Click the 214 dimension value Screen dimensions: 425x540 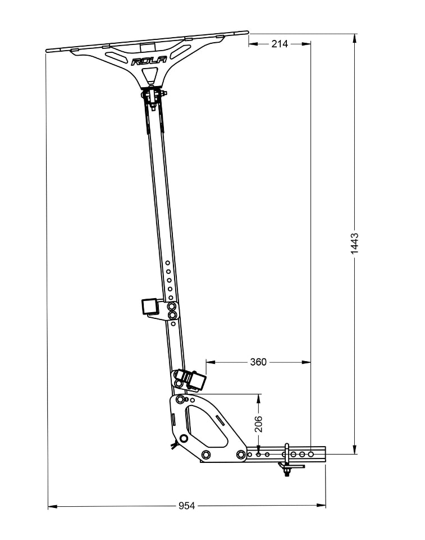point(280,44)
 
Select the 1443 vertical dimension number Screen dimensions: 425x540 point(354,244)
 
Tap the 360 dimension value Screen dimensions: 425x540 point(258,362)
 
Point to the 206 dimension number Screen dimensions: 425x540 point(259,424)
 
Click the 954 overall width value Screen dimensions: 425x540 point(187,506)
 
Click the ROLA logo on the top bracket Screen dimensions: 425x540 point(149,61)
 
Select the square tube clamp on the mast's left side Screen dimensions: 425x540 point(150,307)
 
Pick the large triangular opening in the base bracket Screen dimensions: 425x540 point(205,425)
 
